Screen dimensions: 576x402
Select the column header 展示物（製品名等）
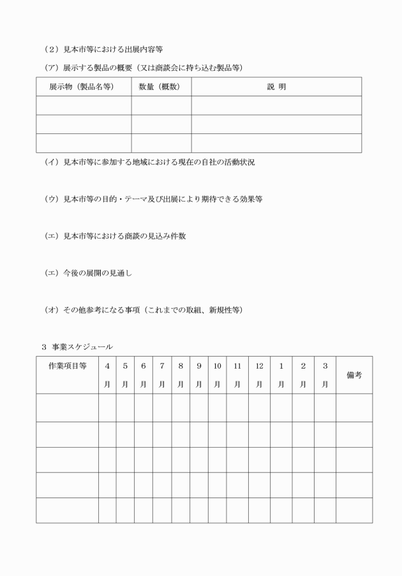(82, 87)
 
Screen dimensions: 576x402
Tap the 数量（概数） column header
(160, 87)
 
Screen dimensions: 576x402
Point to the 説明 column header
(276, 87)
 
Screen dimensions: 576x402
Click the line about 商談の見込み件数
(115, 236)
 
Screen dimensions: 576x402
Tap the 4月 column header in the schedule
(107, 375)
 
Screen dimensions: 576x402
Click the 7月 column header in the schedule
(162, 375)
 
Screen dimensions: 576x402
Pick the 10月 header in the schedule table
(217, 375)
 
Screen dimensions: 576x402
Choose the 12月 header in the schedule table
(259, 375)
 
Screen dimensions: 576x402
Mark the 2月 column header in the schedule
(303, 375)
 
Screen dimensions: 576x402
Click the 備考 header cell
(354, 375)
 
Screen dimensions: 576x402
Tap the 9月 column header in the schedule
(199, 375)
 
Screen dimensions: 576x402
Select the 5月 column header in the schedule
(125, 375)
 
